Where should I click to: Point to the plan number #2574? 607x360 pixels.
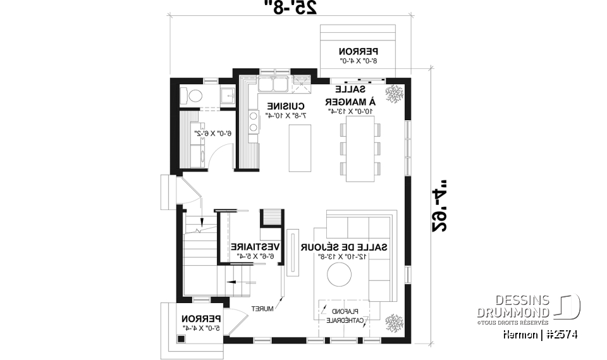[559, 333]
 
